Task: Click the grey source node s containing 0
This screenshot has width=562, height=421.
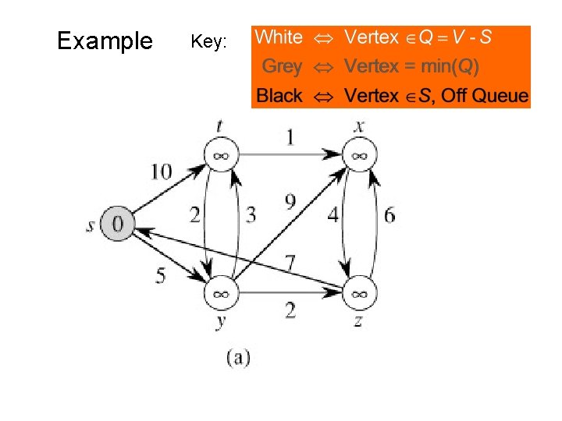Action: click(x=118, y=224)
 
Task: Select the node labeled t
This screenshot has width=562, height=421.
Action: click(x=221, y=155)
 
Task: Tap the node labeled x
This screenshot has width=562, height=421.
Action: click(x=358, y=155)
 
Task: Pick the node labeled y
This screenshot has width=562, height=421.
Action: click(x=221, y=294)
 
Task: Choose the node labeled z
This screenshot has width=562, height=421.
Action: click(x=358, y=294)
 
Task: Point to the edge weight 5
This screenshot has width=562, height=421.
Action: click(x=160, y=275)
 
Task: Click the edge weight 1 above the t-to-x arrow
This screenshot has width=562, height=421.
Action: click(x=290, y=137)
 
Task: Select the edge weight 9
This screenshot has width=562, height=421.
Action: click(x=290, y=203)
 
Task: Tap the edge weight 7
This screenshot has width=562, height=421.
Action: click(x=290, y=260)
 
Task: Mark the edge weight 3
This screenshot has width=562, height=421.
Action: click(x=251, y=215)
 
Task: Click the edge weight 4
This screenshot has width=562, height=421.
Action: click(x=333, y=215)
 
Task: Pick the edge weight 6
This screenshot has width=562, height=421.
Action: click(x=389, y=215)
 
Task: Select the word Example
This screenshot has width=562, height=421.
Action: click(x=105, y=41)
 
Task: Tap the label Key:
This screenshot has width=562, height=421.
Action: click(x=209, y=42)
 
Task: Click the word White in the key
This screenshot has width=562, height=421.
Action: click(x=279, y=37)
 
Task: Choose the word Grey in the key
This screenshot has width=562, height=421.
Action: click(x=282, y=66)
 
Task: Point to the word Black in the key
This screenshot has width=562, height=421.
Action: click(x=279, y=96)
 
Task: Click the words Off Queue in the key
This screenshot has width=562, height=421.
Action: click(x=490, y=97)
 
